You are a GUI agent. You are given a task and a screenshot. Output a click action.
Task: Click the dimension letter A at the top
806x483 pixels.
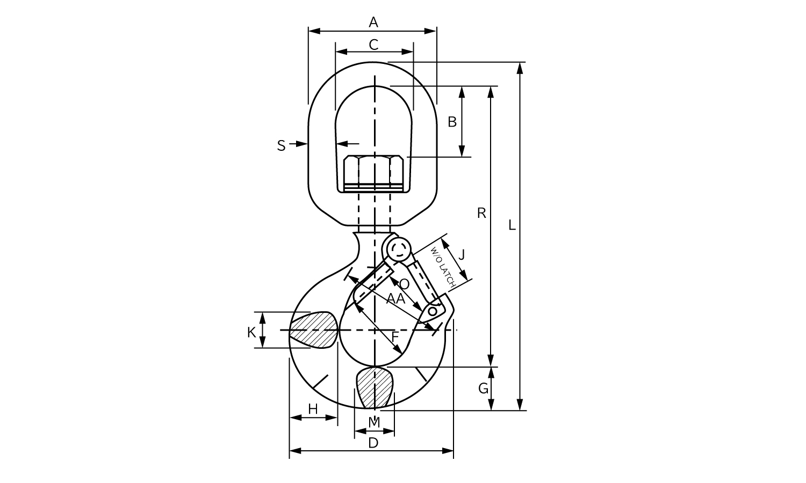pyautogui.click(x=373, y=23)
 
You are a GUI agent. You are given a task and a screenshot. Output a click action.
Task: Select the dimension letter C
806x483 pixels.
pyautogui.click(x=373, y=45)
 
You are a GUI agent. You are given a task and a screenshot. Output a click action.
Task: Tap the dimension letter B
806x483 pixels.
pyautogui.click(x=452, y=122)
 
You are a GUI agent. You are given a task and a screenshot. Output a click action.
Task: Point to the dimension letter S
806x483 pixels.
pyautogui.click(x=281, y=146)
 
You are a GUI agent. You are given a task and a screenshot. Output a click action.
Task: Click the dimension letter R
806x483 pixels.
pyautogui.click(x=481, y=213)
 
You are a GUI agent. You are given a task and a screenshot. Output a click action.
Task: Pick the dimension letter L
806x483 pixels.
pyautogui.click(x=512, y=225)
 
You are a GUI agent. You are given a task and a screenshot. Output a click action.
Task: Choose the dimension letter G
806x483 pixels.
pyautogui.click(x=483, y=388)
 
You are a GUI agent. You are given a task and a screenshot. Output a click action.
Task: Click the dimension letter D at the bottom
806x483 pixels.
pyautogui.click(x=373, y=443)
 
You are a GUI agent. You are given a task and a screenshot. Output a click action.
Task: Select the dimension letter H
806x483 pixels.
pyautogui.click(x=313, y=409)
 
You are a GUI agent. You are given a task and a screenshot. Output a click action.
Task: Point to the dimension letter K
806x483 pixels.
pyautogui.click(x=251, y=333)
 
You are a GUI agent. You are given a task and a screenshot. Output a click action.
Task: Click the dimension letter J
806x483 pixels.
pyautogui.click(x=462, y=255)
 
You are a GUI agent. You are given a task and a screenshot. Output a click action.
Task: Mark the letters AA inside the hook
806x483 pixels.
pyautogui.click(x=396, y=298)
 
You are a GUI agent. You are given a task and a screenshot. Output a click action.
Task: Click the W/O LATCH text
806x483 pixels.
pyautogui.click(x=443, y=267)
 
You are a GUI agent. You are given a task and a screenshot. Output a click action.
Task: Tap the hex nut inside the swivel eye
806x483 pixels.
pyautogui.click(x=373, y=173)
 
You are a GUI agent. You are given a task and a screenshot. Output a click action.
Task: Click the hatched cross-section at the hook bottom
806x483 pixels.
pyautogui.click(x=375, y=387)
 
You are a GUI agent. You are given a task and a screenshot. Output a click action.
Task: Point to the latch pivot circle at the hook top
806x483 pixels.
pyautogui.click(x=399, y=249)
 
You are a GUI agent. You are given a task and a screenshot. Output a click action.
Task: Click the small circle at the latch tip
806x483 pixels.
pyautogui.click(x=433, y=311)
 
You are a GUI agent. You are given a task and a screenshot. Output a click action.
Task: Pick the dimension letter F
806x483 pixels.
pyautogui.click(x=395, y=337)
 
